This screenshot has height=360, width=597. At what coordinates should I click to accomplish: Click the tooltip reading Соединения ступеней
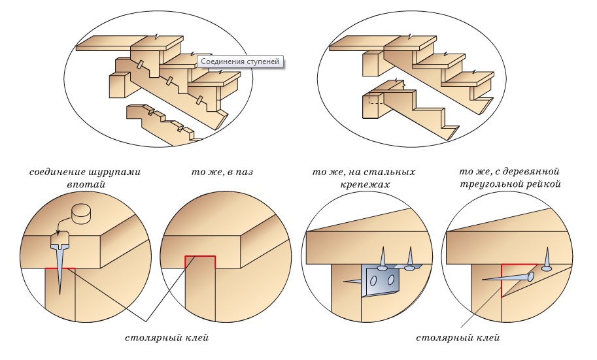pyautogui.click(x=240, y=61)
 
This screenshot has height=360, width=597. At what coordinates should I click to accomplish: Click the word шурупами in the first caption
pyautogui.click(x=114, y=172)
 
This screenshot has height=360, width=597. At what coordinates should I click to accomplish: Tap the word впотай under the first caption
pyautogui.click(x=86, y=184)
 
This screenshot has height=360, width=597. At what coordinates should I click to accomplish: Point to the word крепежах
pyautogui.click(x=364, y=184)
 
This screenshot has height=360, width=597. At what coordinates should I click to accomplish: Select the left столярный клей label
pyautogui.click(x=167, y=338)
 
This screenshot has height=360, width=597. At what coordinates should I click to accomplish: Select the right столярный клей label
pyautogui.click(x=458, y=338)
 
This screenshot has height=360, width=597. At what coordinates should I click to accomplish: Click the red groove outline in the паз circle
pyautogui.click(x=200, y=262)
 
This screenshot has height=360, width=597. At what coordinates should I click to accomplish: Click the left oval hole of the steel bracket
pyautogui.click(x=374, y=281)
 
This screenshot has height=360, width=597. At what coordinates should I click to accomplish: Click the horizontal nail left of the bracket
pyautogui.click(x=352, y=281)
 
